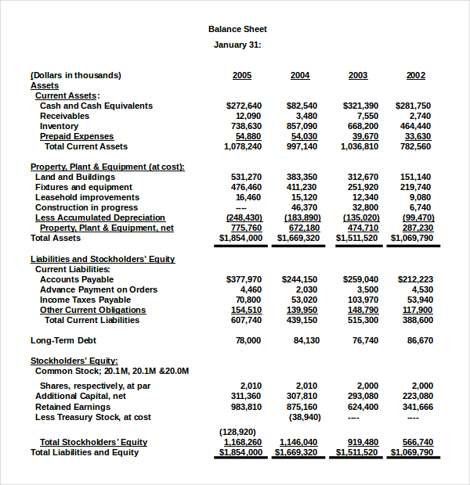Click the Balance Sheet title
point(237,29)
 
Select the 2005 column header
point(242,75)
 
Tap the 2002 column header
point(416,75)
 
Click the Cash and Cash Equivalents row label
point(96,106)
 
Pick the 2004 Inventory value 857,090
point(302,126)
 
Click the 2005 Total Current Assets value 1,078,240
point(243,146)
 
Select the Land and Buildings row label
point(75,177)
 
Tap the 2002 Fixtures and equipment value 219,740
point(415,187)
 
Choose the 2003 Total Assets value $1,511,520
point(356,238)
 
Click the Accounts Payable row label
point(77,279)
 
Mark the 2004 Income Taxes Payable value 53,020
point(304,300)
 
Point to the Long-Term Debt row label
point(63,340)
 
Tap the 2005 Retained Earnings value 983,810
point(247,407)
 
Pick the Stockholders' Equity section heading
point(74,361)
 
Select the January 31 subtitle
point(237,45)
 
